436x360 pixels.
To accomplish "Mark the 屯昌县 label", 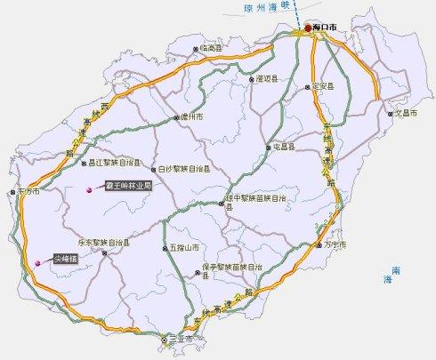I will [x=283, y=148].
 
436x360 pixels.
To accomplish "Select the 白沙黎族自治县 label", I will [x=184, y=169].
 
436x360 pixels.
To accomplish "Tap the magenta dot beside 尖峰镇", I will [x=37, y=262].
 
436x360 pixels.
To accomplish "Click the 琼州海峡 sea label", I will [x=266, y=6].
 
